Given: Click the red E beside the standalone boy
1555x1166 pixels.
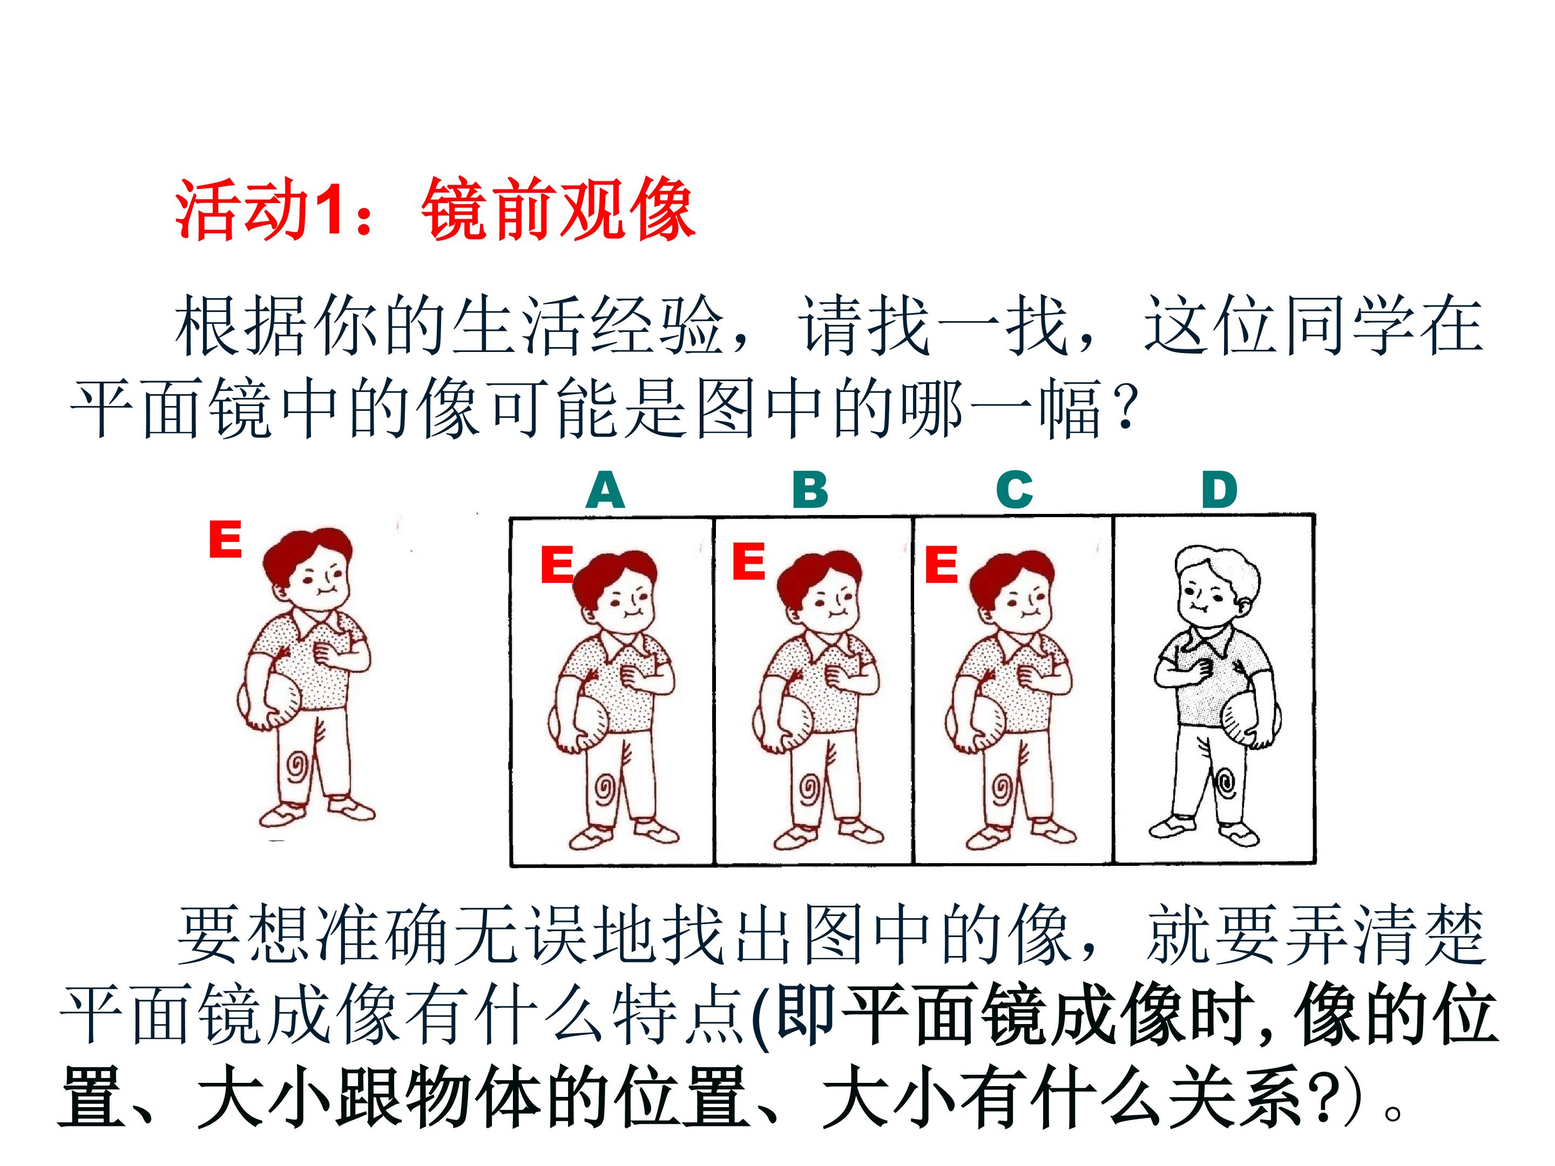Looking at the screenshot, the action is tap(225, 539).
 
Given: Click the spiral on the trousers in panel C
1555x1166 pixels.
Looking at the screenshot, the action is tap(1001, 789).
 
